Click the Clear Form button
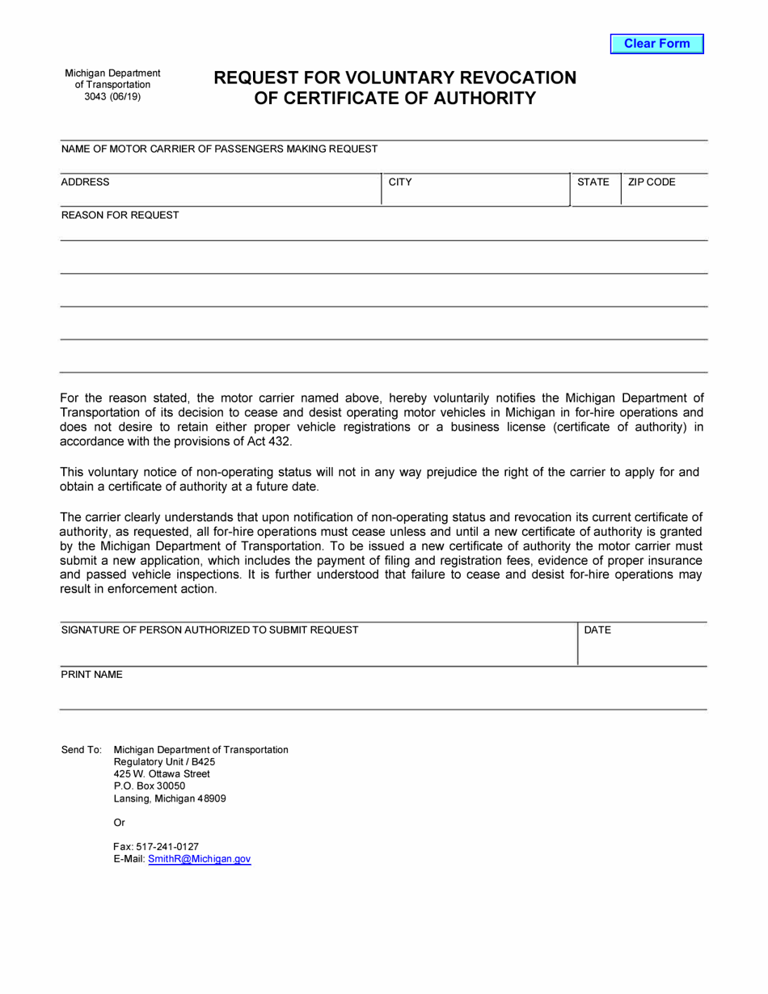pos(656,44)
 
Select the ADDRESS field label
pos(85,183)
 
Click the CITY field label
pos(400,183)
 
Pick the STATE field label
pos(593,183)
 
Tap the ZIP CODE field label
pos(652,183)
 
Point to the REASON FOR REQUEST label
pos(120,216)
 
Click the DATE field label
pos(597,630)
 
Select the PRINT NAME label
pos(92,675)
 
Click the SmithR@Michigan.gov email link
pos(200,859)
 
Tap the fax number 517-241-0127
pos(168,846)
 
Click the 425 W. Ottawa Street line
pos(162,773)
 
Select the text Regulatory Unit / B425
pos(165,761)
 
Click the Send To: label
pos(81,750)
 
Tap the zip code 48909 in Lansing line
pos(212,798)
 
